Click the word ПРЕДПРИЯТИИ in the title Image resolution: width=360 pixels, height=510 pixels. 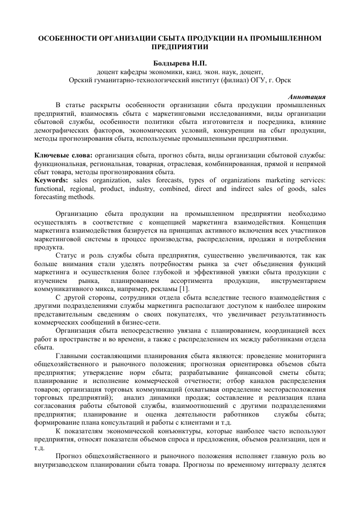[x=180, y=47]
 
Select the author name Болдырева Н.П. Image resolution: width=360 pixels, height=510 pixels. [x=180, y=65]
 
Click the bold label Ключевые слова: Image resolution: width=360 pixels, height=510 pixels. [x=62, y=155]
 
